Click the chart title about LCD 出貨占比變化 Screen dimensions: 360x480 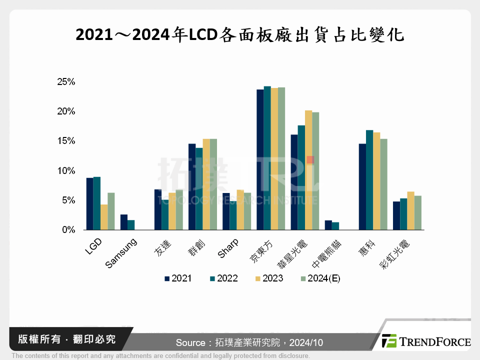click(239, 35)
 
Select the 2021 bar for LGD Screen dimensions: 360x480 click(89, 204)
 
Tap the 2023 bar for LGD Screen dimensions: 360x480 click(104, 217)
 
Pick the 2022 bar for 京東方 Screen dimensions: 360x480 click(267, 158)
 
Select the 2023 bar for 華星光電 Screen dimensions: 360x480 click(308, 170)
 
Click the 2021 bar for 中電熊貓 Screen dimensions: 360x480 click(328, 225)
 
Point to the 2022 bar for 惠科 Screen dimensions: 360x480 click(369, 180)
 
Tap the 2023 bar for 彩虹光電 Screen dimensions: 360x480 click(410, 210)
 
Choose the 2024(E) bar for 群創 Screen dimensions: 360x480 click(213, 184)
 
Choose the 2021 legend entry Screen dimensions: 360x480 click(177, 278)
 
